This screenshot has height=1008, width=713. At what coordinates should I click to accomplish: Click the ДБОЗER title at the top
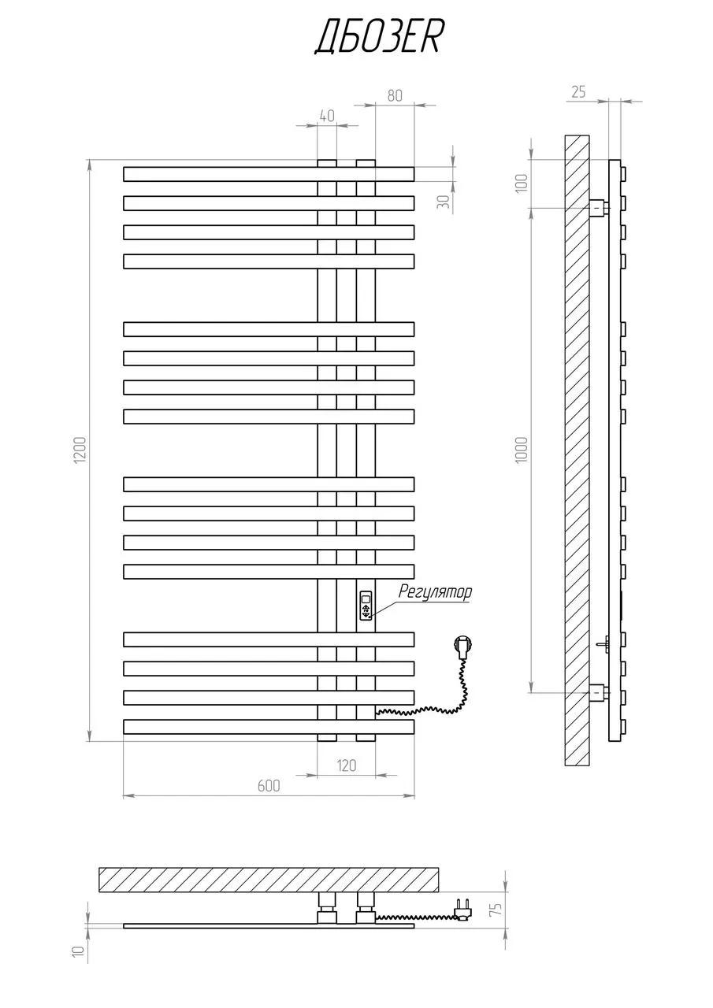click(x=377, y=39)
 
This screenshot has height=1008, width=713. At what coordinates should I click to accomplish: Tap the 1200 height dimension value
click(x=80, y=450)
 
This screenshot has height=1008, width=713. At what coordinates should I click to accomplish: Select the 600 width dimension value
click(x=269, y=786)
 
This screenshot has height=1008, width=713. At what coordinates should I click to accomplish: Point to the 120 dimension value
click(x=346, y=765)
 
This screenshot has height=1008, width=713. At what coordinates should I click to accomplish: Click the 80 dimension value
click(x=394, y=96)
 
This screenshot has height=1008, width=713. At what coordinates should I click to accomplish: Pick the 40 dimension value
click(x=327, y=116)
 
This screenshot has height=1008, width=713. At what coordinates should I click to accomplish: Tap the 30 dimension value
click(x=444, y=201)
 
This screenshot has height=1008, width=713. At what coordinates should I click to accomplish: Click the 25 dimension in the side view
click(x=578, y=92)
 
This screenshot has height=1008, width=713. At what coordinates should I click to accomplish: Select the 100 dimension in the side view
click(x=522, y=183)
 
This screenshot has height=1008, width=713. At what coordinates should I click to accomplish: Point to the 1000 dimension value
click(x=522, y=450)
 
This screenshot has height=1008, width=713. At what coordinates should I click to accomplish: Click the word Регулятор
click(x=435, y=591)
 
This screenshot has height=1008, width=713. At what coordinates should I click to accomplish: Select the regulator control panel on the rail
click(x=366, y=606)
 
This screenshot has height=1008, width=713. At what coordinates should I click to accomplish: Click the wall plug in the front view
click(x=462, y=645)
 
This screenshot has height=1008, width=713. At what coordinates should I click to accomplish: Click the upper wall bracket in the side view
click(x=599, y=208)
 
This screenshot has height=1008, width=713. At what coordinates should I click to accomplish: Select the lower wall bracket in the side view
click(x=599, y=693)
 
